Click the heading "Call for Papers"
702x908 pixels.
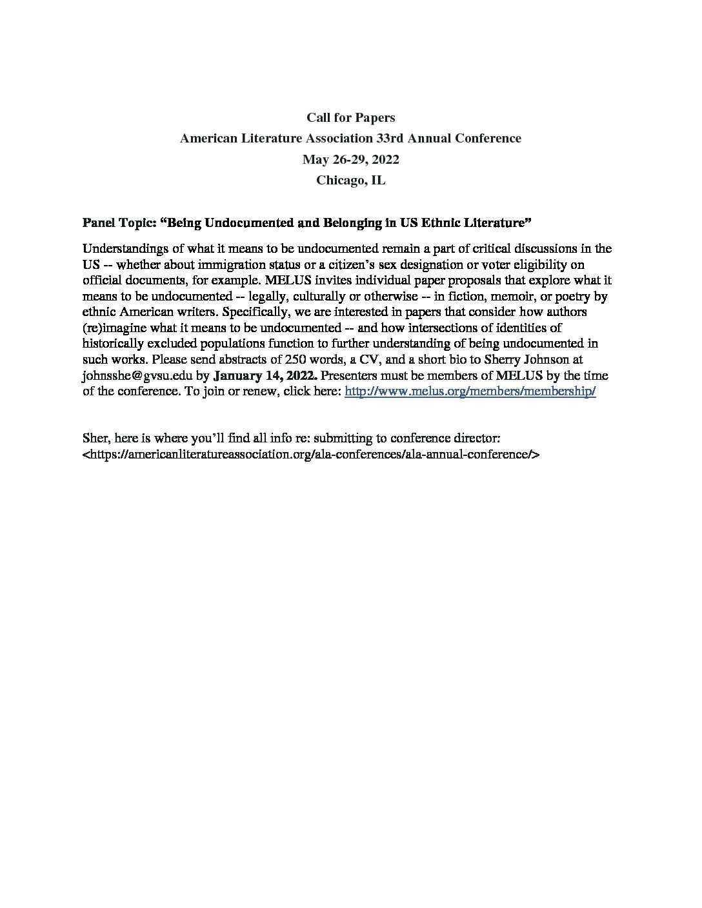pyautogui.click(x=350, y=117)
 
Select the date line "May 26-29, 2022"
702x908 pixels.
pyautogui.click(x=350, y=159)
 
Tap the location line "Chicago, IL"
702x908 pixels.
pyautogui.click(x=350, y=180)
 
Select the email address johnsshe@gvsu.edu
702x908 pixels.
pyautogui.click(x=137, y=375)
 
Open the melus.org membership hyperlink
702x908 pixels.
pyautogui.click(x=470, y=391)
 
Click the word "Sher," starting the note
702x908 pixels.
pyautogui.click(x=96, y=438)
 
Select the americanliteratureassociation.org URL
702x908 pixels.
pyautogui.click(x=311, y=454)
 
